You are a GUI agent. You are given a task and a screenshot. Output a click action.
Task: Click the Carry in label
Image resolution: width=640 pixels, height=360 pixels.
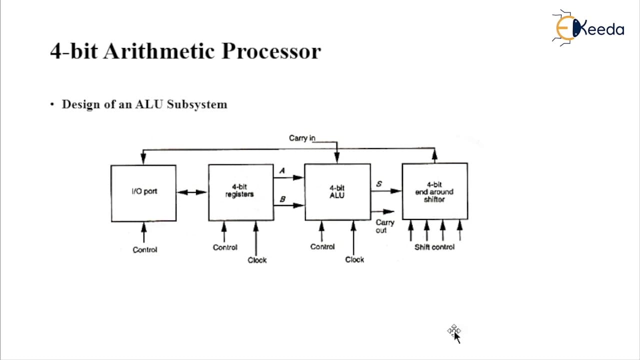tap(302, 138)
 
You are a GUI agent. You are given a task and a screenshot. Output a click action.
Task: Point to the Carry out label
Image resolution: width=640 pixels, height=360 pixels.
tap(384, 226)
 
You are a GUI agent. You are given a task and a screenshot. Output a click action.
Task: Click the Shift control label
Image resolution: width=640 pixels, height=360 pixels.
tap(434, 247)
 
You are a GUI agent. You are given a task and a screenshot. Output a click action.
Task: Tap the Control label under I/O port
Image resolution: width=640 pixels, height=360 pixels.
tap(145, 250)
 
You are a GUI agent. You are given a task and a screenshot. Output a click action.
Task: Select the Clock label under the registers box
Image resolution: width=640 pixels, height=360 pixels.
tap(257, 260)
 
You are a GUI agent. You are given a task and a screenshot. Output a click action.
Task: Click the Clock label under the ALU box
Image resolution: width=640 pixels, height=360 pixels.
tap(354, 259)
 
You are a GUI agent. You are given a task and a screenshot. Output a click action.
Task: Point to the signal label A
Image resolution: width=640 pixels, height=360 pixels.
tap(282, 171)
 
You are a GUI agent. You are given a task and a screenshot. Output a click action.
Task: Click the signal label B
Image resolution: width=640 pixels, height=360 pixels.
tap(282, 199)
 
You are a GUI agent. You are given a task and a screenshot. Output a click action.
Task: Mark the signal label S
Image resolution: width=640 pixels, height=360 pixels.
tap(379, 183)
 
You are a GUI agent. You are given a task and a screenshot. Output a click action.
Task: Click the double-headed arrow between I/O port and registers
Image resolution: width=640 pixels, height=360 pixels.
tap(191, 192)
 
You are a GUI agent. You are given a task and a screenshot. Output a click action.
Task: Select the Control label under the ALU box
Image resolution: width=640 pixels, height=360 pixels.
tap(322, 247)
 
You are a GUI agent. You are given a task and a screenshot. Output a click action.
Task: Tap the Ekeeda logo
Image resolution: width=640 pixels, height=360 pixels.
tap(588, 27)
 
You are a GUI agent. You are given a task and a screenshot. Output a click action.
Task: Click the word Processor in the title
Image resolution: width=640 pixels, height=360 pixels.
tap(271, 51)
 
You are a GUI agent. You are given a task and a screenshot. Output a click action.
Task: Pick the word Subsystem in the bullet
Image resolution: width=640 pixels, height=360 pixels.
tap(197, 104)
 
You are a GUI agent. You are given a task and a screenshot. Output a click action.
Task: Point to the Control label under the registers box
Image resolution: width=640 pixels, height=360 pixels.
tap(225, 247)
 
